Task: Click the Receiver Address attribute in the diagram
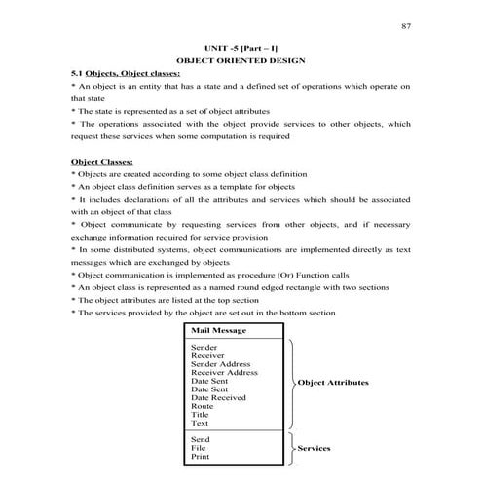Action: click(x=224, y=372)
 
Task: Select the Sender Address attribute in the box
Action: click(x=219, y=363)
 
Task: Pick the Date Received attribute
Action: click(x=218, y=397)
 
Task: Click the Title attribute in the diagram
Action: click(x=200, y=415)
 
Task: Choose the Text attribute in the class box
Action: click(x=200, y=424)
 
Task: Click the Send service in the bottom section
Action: click(x=201, y=439)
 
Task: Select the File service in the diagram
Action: click(x=199, y=448)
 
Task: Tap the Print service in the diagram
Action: click(x=200, y=456)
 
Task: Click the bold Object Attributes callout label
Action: click(x=334, y=383)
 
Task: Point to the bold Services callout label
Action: click(x=315, y=448)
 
